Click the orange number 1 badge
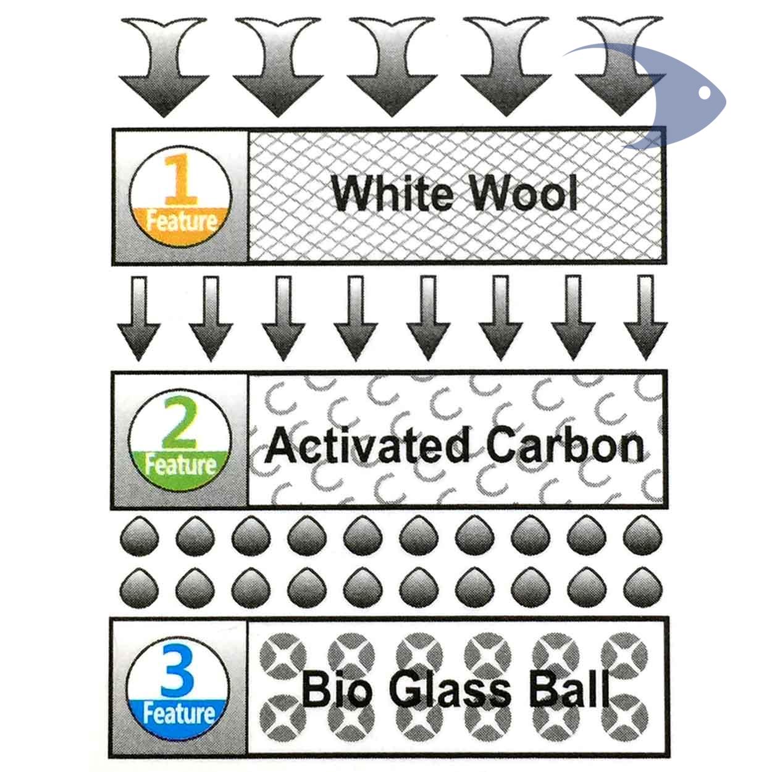(x=180, y=197)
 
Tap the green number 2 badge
(x=180, y=440)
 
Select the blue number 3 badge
(x=178, y=686)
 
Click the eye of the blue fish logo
(x=704, y=93)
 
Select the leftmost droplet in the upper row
(x=138, y=536)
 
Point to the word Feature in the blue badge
(x=178, y=714)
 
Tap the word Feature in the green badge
(x=180, y=464)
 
